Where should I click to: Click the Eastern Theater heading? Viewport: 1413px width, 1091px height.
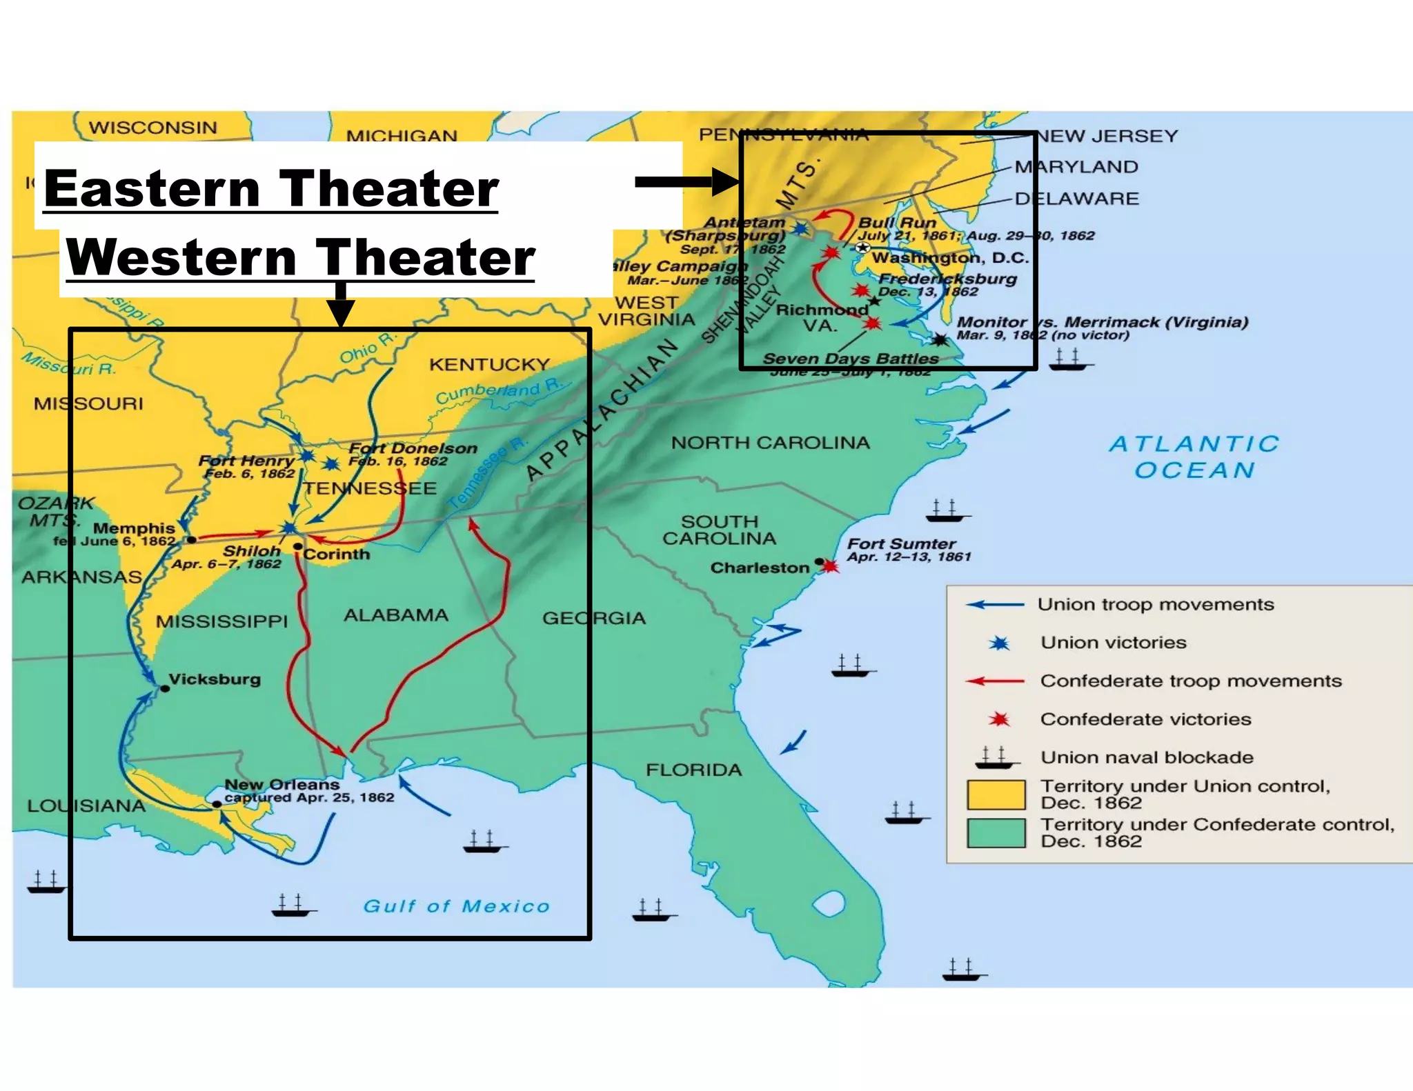click(270, 189)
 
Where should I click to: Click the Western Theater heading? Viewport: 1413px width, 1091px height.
click(300, 257)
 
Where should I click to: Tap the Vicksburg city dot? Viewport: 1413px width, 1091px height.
click(165, 688)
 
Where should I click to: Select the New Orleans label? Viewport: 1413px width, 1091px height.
click(282, 785)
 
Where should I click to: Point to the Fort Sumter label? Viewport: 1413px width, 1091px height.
click(901, 544)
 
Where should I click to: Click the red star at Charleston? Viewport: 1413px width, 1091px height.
click(831, 567)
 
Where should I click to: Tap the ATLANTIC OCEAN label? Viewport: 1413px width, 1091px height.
click(1194, 457)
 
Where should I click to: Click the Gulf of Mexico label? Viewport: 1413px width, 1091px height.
click(456, 906)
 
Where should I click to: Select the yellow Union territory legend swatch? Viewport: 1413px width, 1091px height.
click(996, 794)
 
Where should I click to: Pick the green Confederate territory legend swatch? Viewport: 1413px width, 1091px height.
click(996, 833)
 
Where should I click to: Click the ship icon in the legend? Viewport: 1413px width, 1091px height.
click(996, 758)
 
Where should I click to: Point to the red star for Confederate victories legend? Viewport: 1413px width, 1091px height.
click(998, 719)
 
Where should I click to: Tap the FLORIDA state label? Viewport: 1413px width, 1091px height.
click(693, 770)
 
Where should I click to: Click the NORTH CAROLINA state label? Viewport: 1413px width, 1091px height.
click(770, 443)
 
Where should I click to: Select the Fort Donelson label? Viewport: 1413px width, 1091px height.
click(413, 448)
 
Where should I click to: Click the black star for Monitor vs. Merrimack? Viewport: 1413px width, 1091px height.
click(940, 339)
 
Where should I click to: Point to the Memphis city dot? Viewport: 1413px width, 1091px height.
click(192, 539)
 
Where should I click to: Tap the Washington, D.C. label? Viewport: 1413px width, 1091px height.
click(950, 258)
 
